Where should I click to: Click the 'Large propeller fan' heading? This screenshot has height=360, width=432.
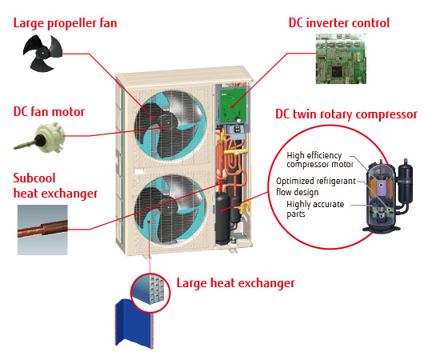66,23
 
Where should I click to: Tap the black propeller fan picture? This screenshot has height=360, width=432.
42,53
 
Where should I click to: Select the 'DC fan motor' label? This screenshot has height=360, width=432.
49,112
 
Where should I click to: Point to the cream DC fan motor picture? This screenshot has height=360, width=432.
40,138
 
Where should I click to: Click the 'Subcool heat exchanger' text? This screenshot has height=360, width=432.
55,186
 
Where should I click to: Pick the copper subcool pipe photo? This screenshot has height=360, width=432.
42,230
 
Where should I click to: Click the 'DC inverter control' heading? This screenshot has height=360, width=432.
339,23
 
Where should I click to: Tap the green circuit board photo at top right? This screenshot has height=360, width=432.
341,58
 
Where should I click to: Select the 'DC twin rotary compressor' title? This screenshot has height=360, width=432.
346,114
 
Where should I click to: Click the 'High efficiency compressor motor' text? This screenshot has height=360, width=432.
319,160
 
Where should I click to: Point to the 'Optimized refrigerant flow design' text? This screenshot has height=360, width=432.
316,186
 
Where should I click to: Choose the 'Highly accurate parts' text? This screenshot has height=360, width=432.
315,209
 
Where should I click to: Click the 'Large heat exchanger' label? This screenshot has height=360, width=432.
235,283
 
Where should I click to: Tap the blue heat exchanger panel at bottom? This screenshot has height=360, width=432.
134,324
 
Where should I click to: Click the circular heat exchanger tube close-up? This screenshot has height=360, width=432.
150,293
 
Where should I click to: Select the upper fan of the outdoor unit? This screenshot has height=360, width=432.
170,126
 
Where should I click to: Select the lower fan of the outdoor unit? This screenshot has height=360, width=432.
170,210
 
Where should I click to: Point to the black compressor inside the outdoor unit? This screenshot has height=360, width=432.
222,218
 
